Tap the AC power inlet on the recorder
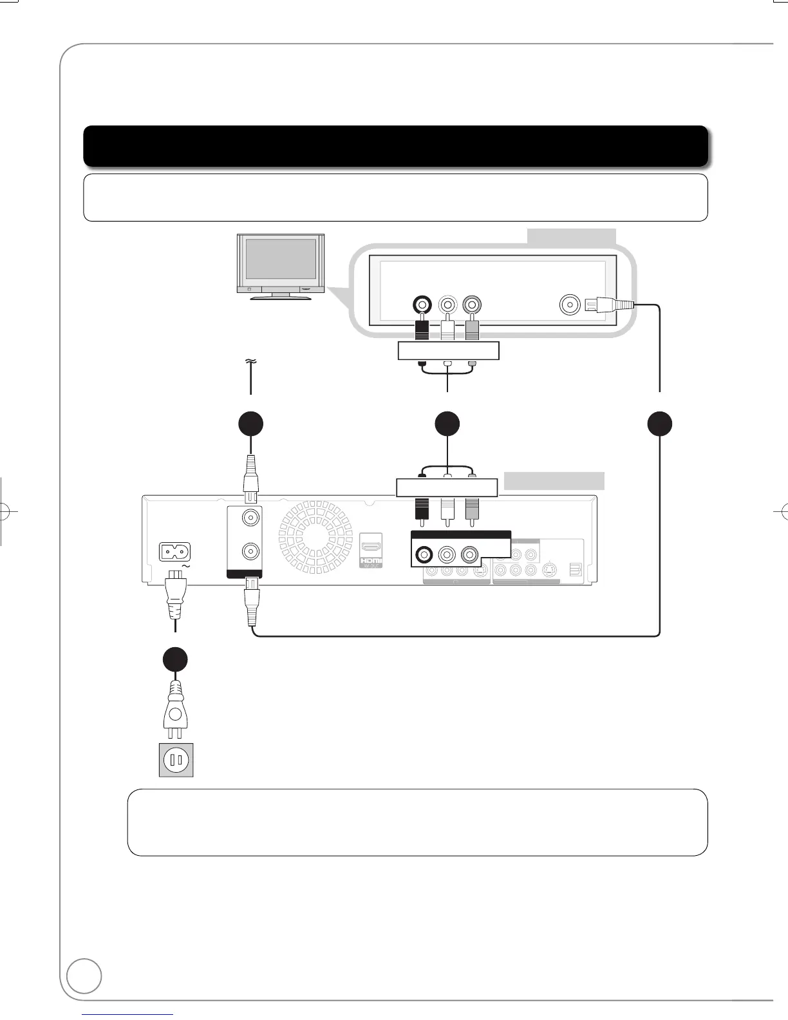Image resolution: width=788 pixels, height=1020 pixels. pyautogui.click(x=174, y=552)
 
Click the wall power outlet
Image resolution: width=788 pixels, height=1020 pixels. pyautogui.click(x=176, y=760)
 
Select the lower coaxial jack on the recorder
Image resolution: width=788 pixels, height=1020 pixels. pyautogui.click(x=250, y=551)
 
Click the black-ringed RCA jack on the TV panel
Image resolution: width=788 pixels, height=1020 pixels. pyautogui.click(x=422, y=304)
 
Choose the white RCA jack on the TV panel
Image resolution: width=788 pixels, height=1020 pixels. pyautogui.click(x=447, y=304)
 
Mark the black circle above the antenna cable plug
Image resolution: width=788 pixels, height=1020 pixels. pyautogui.click(x=250, y=424)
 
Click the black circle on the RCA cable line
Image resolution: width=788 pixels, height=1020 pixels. pyautogui.click(x=447, y=424)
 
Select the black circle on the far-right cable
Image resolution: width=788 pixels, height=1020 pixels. pyautogui.click(x=660, y=424)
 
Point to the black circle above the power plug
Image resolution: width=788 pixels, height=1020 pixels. pyautogui.click(x=174, y=659)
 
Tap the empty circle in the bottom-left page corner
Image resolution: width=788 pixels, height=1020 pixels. pyautogui.click(x=84, y=976)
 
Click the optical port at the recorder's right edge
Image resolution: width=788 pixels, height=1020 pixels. pyautogui.click(x=575, y=570)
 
